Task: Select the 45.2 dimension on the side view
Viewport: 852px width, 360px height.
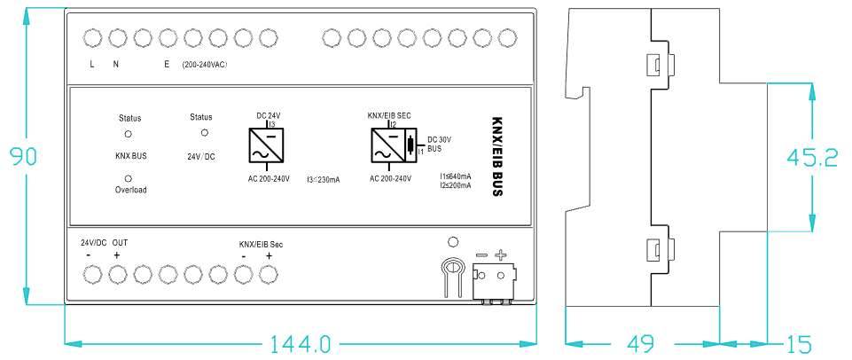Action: pos(812,158)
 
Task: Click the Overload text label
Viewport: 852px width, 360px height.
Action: pos(130,190)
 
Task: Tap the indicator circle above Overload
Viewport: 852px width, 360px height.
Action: pos(129,177)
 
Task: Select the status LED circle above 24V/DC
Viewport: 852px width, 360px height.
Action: pos(205,132)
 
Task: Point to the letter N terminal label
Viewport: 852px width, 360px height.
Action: pos(115,65)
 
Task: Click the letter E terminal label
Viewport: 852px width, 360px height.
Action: pos(166,65)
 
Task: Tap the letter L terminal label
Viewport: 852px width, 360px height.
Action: pos(92,65)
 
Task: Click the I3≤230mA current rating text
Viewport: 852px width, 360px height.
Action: pos(324,180)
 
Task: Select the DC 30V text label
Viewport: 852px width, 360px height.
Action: pos(440,139)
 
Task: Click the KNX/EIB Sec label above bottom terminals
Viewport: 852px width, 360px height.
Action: pos(262,244)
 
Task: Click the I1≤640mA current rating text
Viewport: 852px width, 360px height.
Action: pos(456,177)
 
